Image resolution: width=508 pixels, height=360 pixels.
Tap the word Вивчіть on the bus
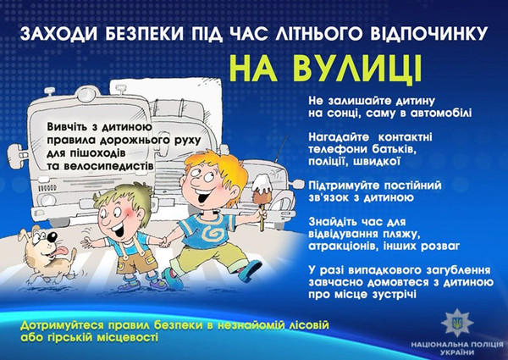[x=69, y=125]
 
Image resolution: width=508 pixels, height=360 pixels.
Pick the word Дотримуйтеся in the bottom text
[x=64, y=326]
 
